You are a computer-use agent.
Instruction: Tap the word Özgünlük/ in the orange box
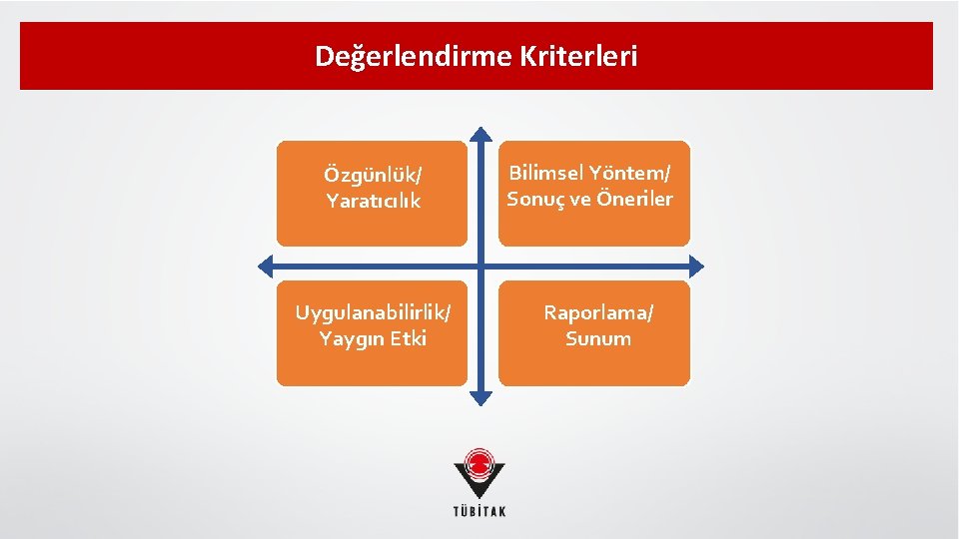coord(373,175)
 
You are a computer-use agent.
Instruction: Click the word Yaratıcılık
coord(373,201)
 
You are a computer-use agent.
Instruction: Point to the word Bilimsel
coord(548,172)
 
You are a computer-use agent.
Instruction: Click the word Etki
coord(409,338)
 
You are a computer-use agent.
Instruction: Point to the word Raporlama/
coord(598,312)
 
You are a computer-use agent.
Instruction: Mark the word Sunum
coord(598,338)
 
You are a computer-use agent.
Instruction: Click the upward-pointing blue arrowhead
coord(480,134)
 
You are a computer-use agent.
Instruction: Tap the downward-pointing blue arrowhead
coord(480,397)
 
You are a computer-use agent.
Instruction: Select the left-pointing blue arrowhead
coord(266,266)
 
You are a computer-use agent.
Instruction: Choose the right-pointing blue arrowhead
coord(696,266)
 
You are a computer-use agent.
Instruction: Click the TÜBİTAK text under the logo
coord(480,512)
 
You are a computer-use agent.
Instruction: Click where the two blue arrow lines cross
coord(480,266)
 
